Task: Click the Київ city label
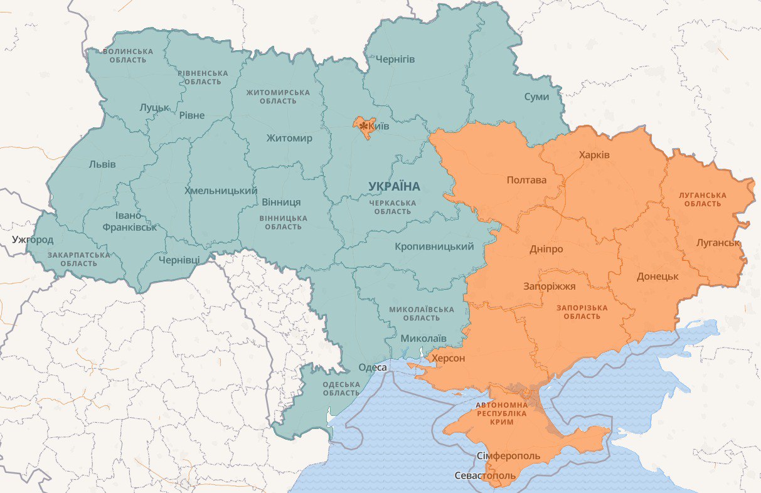(379, 127)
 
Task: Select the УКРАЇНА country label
(394, 186)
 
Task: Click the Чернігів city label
(395, 59)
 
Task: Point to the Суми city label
(536, 97)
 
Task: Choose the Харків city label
(595, 155)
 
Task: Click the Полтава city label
(526, 180)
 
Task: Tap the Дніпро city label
(546, 249)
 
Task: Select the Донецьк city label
(657, 276)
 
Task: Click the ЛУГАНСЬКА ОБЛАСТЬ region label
(703, 199)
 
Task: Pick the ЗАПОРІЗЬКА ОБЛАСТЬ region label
(582, 312)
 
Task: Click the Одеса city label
(373, 368)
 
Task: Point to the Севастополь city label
(485, 475)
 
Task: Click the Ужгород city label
(33, 240)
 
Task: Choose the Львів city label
(102, 164)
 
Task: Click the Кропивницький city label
(434, 246)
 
